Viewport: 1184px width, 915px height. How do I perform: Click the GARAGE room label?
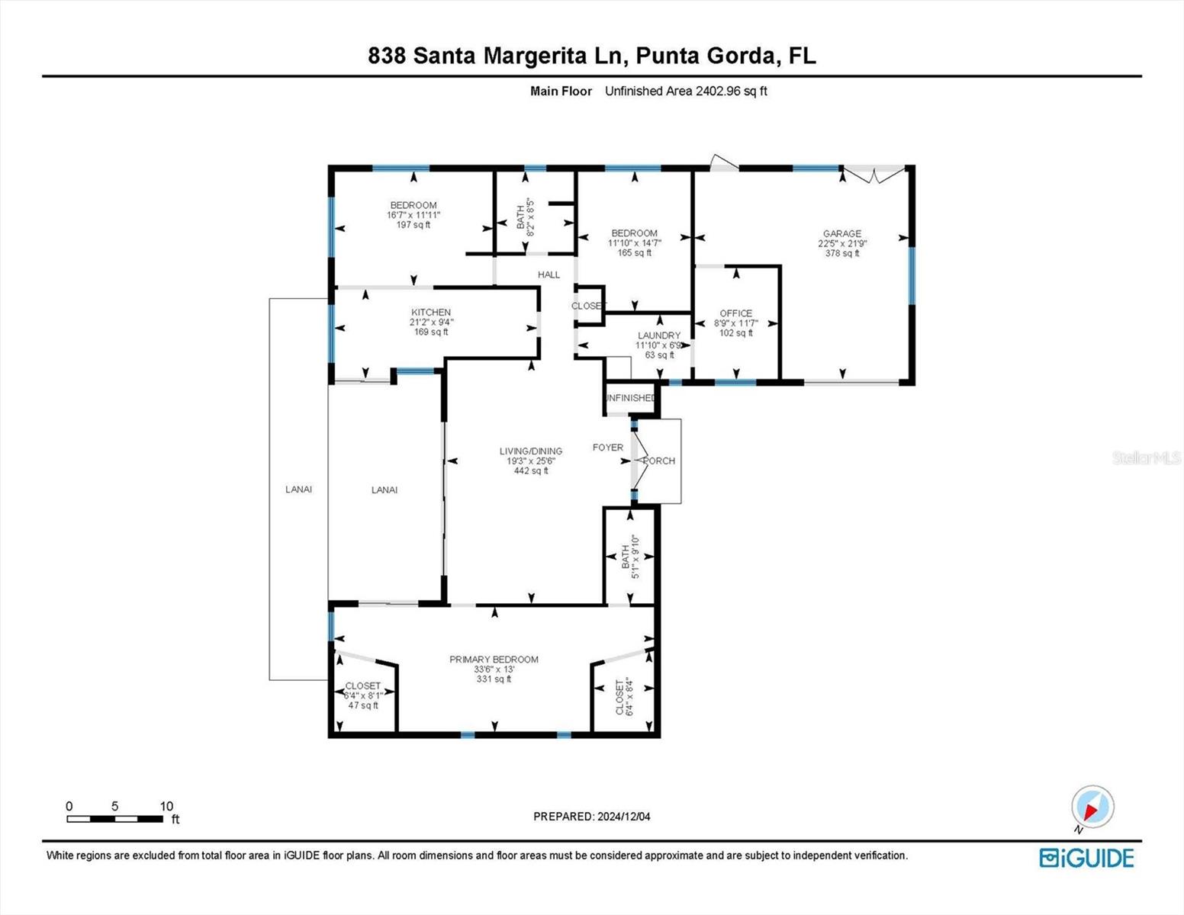coord(841,233)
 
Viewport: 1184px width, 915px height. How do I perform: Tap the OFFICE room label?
coord(735,313)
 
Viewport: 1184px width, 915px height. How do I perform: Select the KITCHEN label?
coord(431,312)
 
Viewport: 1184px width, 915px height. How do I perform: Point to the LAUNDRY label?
coord(659,335)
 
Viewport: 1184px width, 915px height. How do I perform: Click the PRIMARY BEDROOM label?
coord(494,660)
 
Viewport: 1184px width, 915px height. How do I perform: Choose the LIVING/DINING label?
coord(531,451)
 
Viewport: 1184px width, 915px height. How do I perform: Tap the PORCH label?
coord(659,461)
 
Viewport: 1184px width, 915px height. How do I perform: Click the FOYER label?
coord(608,448)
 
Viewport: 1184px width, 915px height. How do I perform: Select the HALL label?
coord(549,274)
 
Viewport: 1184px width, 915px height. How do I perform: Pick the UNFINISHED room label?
coord(630,398)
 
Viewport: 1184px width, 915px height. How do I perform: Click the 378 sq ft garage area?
coord(841,253)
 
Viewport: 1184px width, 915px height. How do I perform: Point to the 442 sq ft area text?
coord(531,471)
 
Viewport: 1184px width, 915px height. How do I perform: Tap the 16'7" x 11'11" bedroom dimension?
coord(413,215)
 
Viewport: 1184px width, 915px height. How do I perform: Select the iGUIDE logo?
coord(1086,858)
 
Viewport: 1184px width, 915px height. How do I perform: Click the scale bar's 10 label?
coord(166,806)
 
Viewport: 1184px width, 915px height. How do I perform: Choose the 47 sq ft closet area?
coord(363,705)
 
